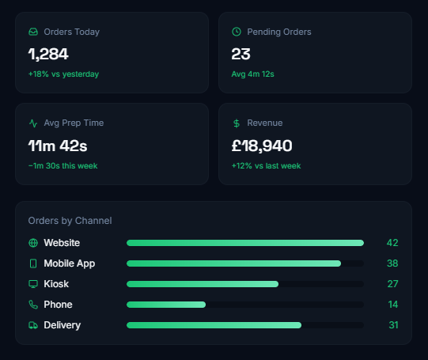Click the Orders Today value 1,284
pyautogui.click(x=48, y=54)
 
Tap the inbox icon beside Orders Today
pyautogui.click(x=33, y=32)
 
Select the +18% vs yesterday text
pyautogui.click(x=63, y=74)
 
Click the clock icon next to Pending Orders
pyautogui.click(x=237, y=32)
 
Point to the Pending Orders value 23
pyautogui.click(x=241, y=54)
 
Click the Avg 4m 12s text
pyautogui.click(x=252, y=74)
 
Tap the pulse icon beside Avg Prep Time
pyautogui.click(x=33, y=123)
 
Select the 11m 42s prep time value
pyautogui.click(x=58, y=146)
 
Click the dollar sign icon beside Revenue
pyautogui.click(x=237, y=123)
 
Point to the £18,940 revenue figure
pyautogui.click(x=262, y=146)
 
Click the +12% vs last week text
pyautogui.click(x=266, y=165)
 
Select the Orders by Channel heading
pyautogui.click(x=70, y=221)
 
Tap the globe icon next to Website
pyautogui.click(x=33, y=243)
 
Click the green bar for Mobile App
pyautogui.click(x=233, y=263)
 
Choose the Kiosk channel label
pyautogui.click(x=56, y=284)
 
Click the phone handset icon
pyautogui.click(x=33, y=305)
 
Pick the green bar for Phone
pyautogui.click(x=166, y=305)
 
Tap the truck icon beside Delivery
pyautogui.click(x=33, y=325)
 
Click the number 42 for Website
pyautogui.click(x=392, y=243)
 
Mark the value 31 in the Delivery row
pyautogui.click(x=393, y=325)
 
